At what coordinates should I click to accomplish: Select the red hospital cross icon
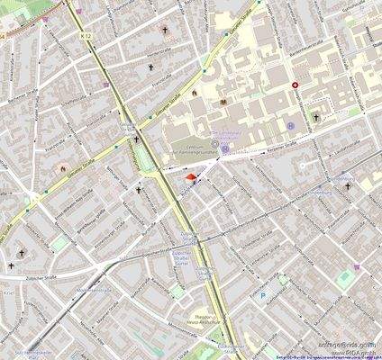[x=296, y=85]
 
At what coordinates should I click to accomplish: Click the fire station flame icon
[x=62, y=168]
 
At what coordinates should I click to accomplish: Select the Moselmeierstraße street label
[x=94, y=291]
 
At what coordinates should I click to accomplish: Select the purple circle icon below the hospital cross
[x=291, y=125]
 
